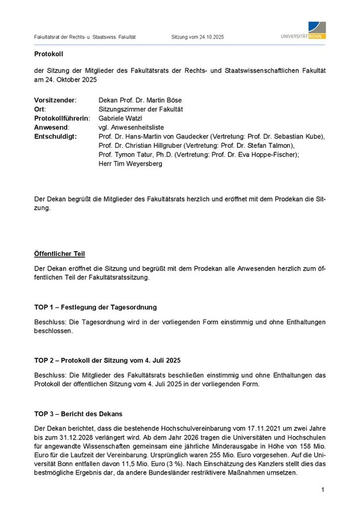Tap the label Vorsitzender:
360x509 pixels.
tap(55, 99)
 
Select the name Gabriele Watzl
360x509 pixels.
tap(123, 118)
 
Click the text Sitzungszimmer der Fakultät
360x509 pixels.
tap(141, 109)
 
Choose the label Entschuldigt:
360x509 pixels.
tap(56, 137)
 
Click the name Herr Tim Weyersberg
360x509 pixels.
tap(130, 164)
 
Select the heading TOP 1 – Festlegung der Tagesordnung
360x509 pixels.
tap(105, 308)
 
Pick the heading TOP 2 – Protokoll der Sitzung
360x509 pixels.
tap(107, 361)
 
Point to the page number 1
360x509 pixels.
tap(322, 490)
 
